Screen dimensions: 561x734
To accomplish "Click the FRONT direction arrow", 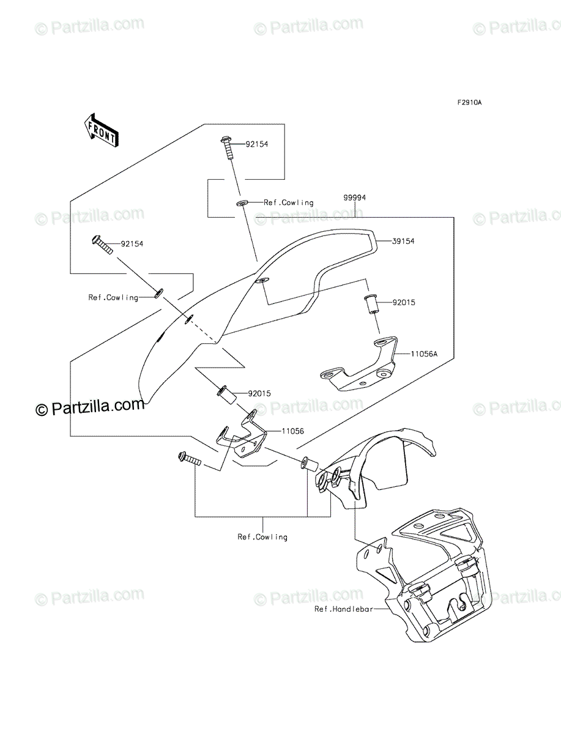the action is point(101,130).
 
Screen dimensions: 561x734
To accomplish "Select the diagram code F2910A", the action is point(469,103).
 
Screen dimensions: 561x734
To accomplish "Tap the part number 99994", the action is point(354,198).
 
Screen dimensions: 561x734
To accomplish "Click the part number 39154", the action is point(403,241).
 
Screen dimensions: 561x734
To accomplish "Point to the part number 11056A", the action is point(424,354).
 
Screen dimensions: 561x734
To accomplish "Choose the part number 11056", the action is point(292,431).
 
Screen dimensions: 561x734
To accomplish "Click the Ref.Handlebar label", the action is point(343,609).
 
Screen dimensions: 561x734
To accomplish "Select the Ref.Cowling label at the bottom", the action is point(262,536).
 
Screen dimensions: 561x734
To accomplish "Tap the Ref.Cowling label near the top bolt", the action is point(289,202).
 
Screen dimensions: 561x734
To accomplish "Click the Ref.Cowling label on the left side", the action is point(113,297).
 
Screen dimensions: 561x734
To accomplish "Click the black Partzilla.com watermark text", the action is point(90,407).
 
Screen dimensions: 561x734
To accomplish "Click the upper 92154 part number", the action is point(257,144).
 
